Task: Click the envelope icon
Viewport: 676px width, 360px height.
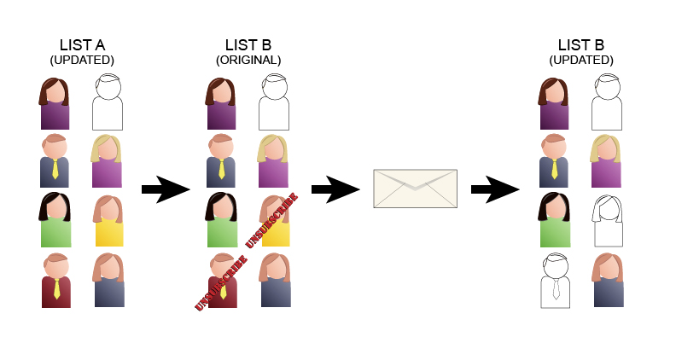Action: click(415, 189)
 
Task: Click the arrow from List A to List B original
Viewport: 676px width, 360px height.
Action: click(166, 189)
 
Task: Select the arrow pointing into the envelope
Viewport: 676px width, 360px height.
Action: click(335, 189)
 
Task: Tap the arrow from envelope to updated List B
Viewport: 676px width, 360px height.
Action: click(495, 189)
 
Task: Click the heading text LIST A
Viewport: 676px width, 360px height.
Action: click(82, 45)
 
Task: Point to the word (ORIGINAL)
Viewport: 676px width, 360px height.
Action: click(248, 60)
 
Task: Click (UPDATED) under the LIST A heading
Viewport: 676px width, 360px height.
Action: click(82, 60)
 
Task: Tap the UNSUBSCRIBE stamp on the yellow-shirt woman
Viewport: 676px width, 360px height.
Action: click(271, 220)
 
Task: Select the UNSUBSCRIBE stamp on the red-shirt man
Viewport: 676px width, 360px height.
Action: click(221, 283)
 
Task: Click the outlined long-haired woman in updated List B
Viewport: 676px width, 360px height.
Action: click(608, 221)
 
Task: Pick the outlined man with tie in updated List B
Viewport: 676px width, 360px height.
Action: click(556, 281)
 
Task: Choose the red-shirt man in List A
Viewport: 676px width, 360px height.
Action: click(56, 281)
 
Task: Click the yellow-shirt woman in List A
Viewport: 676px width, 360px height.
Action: click(108, 221)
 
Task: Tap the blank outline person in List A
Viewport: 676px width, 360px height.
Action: click(108, 102)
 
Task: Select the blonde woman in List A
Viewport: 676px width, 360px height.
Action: click(107, 161)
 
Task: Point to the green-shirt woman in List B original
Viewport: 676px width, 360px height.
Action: click(222, 220)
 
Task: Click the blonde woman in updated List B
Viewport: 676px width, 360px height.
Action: click(606, 161)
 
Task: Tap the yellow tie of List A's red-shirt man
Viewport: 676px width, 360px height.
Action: click(56, 289)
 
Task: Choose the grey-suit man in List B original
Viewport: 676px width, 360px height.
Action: click(221, 161)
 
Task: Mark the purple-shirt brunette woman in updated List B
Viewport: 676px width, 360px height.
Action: click(554, 103)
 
